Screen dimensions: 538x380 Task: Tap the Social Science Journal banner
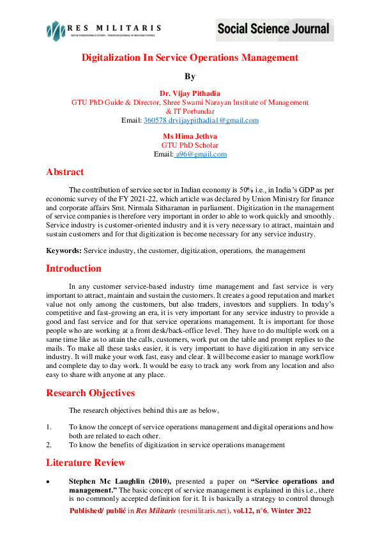[273, 29]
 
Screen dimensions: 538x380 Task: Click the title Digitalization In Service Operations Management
[190, 58]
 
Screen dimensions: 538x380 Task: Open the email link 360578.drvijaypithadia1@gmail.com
[201, 120]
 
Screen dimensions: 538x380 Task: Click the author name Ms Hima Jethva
[190, 136]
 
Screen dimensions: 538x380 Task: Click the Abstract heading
[65, 172]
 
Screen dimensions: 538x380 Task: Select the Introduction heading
[73, 268]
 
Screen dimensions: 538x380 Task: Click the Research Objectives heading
[90, 393]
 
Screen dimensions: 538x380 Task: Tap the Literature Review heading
[86, 462]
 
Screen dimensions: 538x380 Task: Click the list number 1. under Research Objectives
[49, 426]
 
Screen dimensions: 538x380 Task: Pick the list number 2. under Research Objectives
[49, 444]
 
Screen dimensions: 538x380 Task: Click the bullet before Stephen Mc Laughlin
[49, 480]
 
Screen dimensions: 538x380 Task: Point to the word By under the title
[190, 77]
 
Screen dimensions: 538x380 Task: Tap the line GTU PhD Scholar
[190, 145]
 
